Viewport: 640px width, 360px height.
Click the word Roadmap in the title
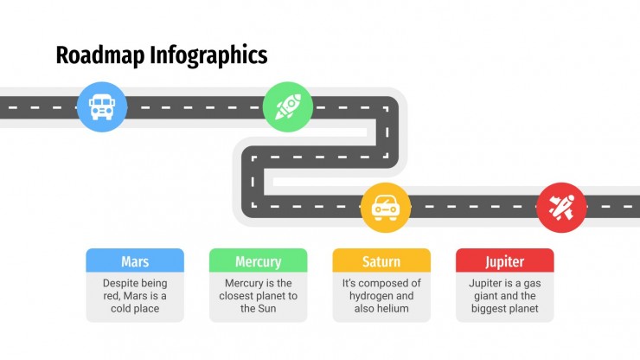coord(100,55)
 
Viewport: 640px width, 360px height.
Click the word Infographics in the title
coord(208,56)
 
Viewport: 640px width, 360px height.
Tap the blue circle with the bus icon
coord(102,107)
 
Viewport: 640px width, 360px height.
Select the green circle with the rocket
coord(288,107)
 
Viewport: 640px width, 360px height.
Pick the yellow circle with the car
coord(386,208)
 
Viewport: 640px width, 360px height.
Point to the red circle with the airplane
coord(561,208)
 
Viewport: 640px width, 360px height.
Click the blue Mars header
coord(135,260)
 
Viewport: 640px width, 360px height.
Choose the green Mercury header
coord(259,260)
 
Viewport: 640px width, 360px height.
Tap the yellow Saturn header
coord(381,260)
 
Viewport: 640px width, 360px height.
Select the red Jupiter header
coord(505,260)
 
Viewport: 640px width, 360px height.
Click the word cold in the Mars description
coord(120,309)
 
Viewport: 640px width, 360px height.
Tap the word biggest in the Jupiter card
coord(488,309)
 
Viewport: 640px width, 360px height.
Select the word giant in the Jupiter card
coord(485,296)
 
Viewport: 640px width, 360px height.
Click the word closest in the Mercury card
coord(236,296)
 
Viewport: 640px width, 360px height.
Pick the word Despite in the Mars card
coord(118,284)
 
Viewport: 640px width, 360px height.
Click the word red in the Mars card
coord(111,296)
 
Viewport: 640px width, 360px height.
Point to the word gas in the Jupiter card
coord(532,284)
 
